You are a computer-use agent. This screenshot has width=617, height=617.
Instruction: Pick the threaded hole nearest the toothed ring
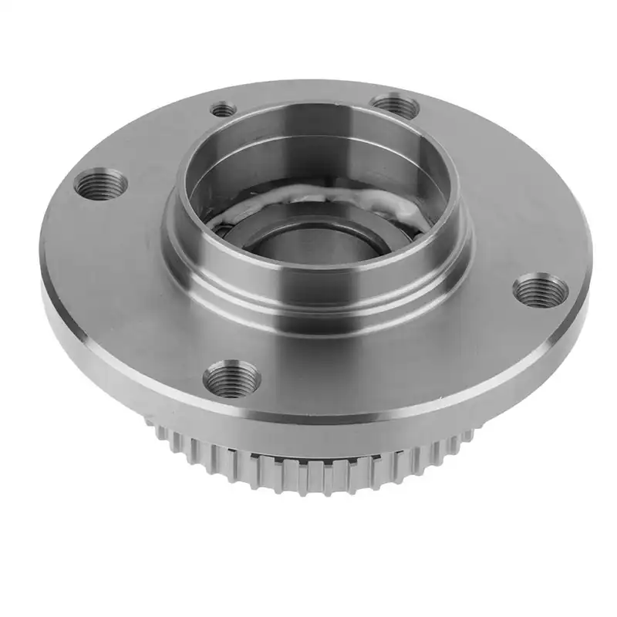tap(231, 377)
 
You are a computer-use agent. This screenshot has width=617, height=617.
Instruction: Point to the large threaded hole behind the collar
tap(395, 104)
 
